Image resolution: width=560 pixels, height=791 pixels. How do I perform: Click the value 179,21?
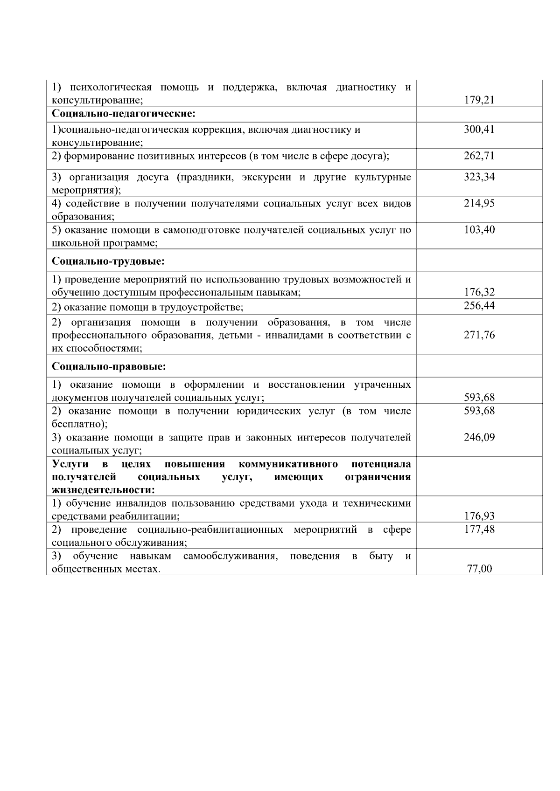(479, 100)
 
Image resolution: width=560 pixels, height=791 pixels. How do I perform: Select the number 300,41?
(479, 130)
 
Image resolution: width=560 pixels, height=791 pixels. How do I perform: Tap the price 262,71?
(479, 156)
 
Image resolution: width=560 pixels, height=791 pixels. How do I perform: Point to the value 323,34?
(479, 177)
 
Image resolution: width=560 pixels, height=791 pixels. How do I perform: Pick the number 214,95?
(479, 203)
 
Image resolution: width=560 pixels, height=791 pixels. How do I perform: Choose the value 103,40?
(479, 230)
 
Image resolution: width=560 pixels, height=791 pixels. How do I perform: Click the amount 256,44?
(479, 306)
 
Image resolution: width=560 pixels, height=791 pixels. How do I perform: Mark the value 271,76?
(479, 335)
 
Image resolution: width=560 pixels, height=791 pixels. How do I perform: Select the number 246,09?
(479, 437)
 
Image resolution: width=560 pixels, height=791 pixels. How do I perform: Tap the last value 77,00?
(479, 569)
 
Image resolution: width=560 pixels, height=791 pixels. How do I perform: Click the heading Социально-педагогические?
(123, 114)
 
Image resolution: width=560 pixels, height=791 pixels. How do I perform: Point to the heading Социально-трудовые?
(108, 261)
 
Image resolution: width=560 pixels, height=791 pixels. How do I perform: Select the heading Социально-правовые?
(109, 367)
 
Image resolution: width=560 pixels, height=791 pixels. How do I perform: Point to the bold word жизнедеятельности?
(103, 490)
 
